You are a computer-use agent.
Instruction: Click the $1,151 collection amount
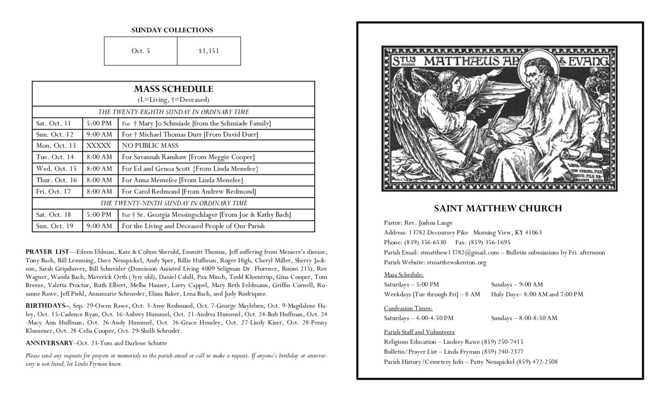point(209,51)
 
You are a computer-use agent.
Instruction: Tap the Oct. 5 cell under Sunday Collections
point(140,51)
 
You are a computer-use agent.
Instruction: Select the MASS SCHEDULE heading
point(173,89)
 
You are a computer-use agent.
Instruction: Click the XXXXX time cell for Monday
point(98,146)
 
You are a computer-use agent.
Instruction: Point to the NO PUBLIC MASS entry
point(150,146)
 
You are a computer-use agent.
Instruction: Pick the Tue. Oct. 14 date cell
point(55,157)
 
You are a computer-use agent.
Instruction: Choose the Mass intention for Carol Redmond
point(188,192)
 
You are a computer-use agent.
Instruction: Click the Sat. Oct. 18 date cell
point(53,215)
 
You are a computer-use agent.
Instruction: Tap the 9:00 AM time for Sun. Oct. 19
point(99,226)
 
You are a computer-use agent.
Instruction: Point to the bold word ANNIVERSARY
point(49,343)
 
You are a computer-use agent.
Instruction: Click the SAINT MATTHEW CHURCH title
point(498,208)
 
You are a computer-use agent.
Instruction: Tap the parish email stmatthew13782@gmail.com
point(459,252)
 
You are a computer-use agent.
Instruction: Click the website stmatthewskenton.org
point(456,262)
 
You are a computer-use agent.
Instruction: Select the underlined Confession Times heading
point(408,308)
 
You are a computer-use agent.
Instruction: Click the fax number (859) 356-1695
point(489,242)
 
